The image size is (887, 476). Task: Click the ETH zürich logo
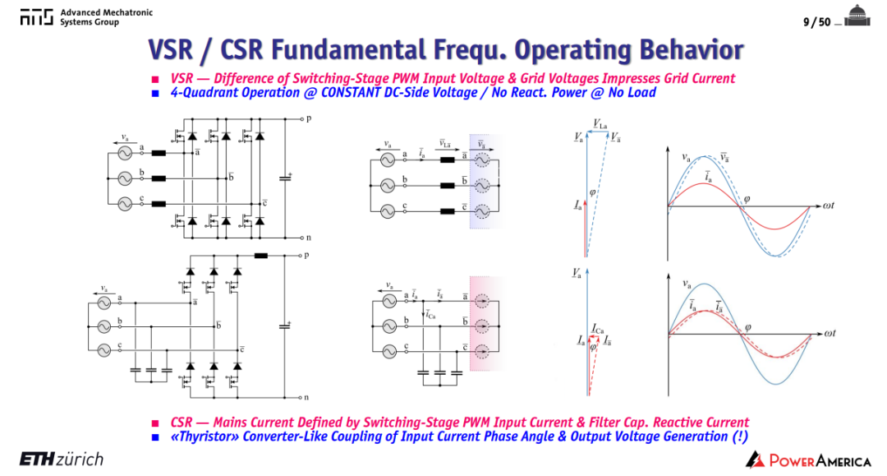(x=62, y=459)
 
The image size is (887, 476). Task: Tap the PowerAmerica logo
(x=808, y=460)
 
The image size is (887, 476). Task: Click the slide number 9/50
(x=816, y=22)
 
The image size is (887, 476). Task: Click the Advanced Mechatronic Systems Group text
(x=106, y=17)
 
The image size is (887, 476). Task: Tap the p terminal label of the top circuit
(x=308, y=119)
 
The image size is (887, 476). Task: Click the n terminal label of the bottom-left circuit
(x=306, y=397)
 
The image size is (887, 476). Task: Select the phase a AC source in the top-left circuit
(x=125, y=153)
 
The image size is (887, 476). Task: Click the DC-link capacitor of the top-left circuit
(x=285, y=178)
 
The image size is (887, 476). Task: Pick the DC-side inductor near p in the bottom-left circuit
(x=261, y=256)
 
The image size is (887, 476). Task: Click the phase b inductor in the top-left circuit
(x=159, y=178)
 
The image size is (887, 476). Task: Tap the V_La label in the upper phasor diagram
(x=600, y=124)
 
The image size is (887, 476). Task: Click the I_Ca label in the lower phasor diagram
(x=597, y=330)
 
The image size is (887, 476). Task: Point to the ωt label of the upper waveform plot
(x=828, y=206)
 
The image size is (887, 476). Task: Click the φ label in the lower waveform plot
(x=748, y=328)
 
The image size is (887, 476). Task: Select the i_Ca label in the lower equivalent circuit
(x=430, y=315)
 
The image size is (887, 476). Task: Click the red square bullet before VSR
(x=155, y=79)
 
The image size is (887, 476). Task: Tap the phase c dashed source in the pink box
(x=481, y=352)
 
